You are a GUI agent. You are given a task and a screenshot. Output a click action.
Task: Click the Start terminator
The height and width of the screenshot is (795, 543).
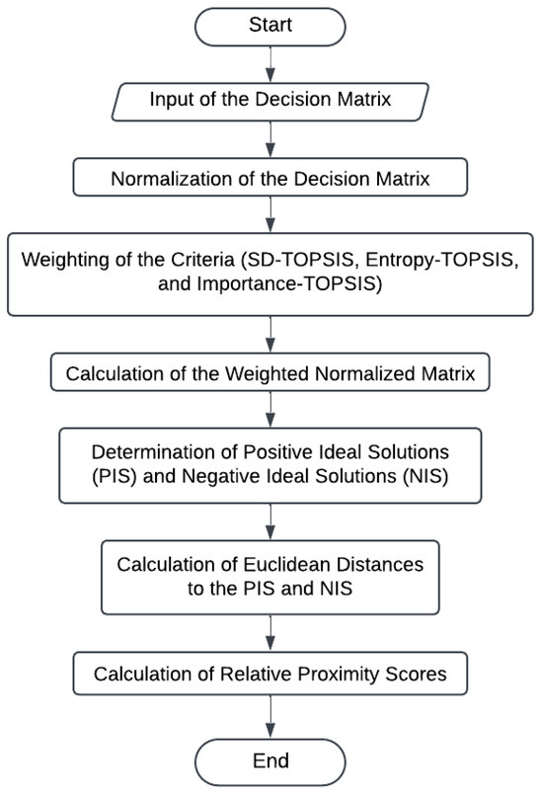pyautogui.click(x=271, y=25)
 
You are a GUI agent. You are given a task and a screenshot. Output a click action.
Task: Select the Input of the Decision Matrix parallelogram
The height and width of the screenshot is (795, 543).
pyautogui.click(x=270, y=100)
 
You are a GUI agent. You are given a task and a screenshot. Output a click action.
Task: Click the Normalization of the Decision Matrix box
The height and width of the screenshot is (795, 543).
pyautogui.click(x=270, y=180)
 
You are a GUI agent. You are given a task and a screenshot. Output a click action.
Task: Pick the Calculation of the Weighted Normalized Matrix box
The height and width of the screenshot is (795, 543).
pyautogui.click(x=270, y=374)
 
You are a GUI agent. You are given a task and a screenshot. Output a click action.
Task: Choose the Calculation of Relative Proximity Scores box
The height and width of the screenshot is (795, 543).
pyautogui.click(x=270, y=674)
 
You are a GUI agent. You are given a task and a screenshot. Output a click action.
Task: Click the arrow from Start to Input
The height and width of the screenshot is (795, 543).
pyautogui.click(x=270, y=64)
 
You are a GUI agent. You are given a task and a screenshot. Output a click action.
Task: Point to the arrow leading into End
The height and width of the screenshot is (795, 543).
pyautogui.click(x=270, y=715)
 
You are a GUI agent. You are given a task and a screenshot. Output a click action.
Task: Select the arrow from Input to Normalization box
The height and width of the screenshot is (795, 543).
pyautogui.click(x=270, y=140)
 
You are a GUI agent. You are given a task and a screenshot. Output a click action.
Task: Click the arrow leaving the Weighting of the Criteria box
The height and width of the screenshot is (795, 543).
pyautogui.click(x=270, y=335)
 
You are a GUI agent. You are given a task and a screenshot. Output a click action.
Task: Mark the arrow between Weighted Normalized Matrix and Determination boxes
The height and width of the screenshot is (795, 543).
pyautogui.click(x=270, y=409)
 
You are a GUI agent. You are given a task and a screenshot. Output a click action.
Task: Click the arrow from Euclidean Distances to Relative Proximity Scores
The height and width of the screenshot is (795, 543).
pyautogui.click(x=270, y=633)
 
